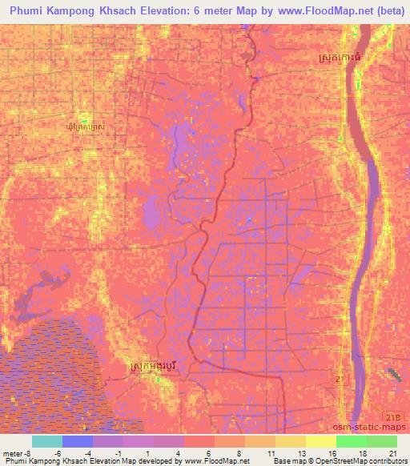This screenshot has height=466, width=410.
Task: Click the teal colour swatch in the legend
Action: pyautogui.click(x=47, y=440)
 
